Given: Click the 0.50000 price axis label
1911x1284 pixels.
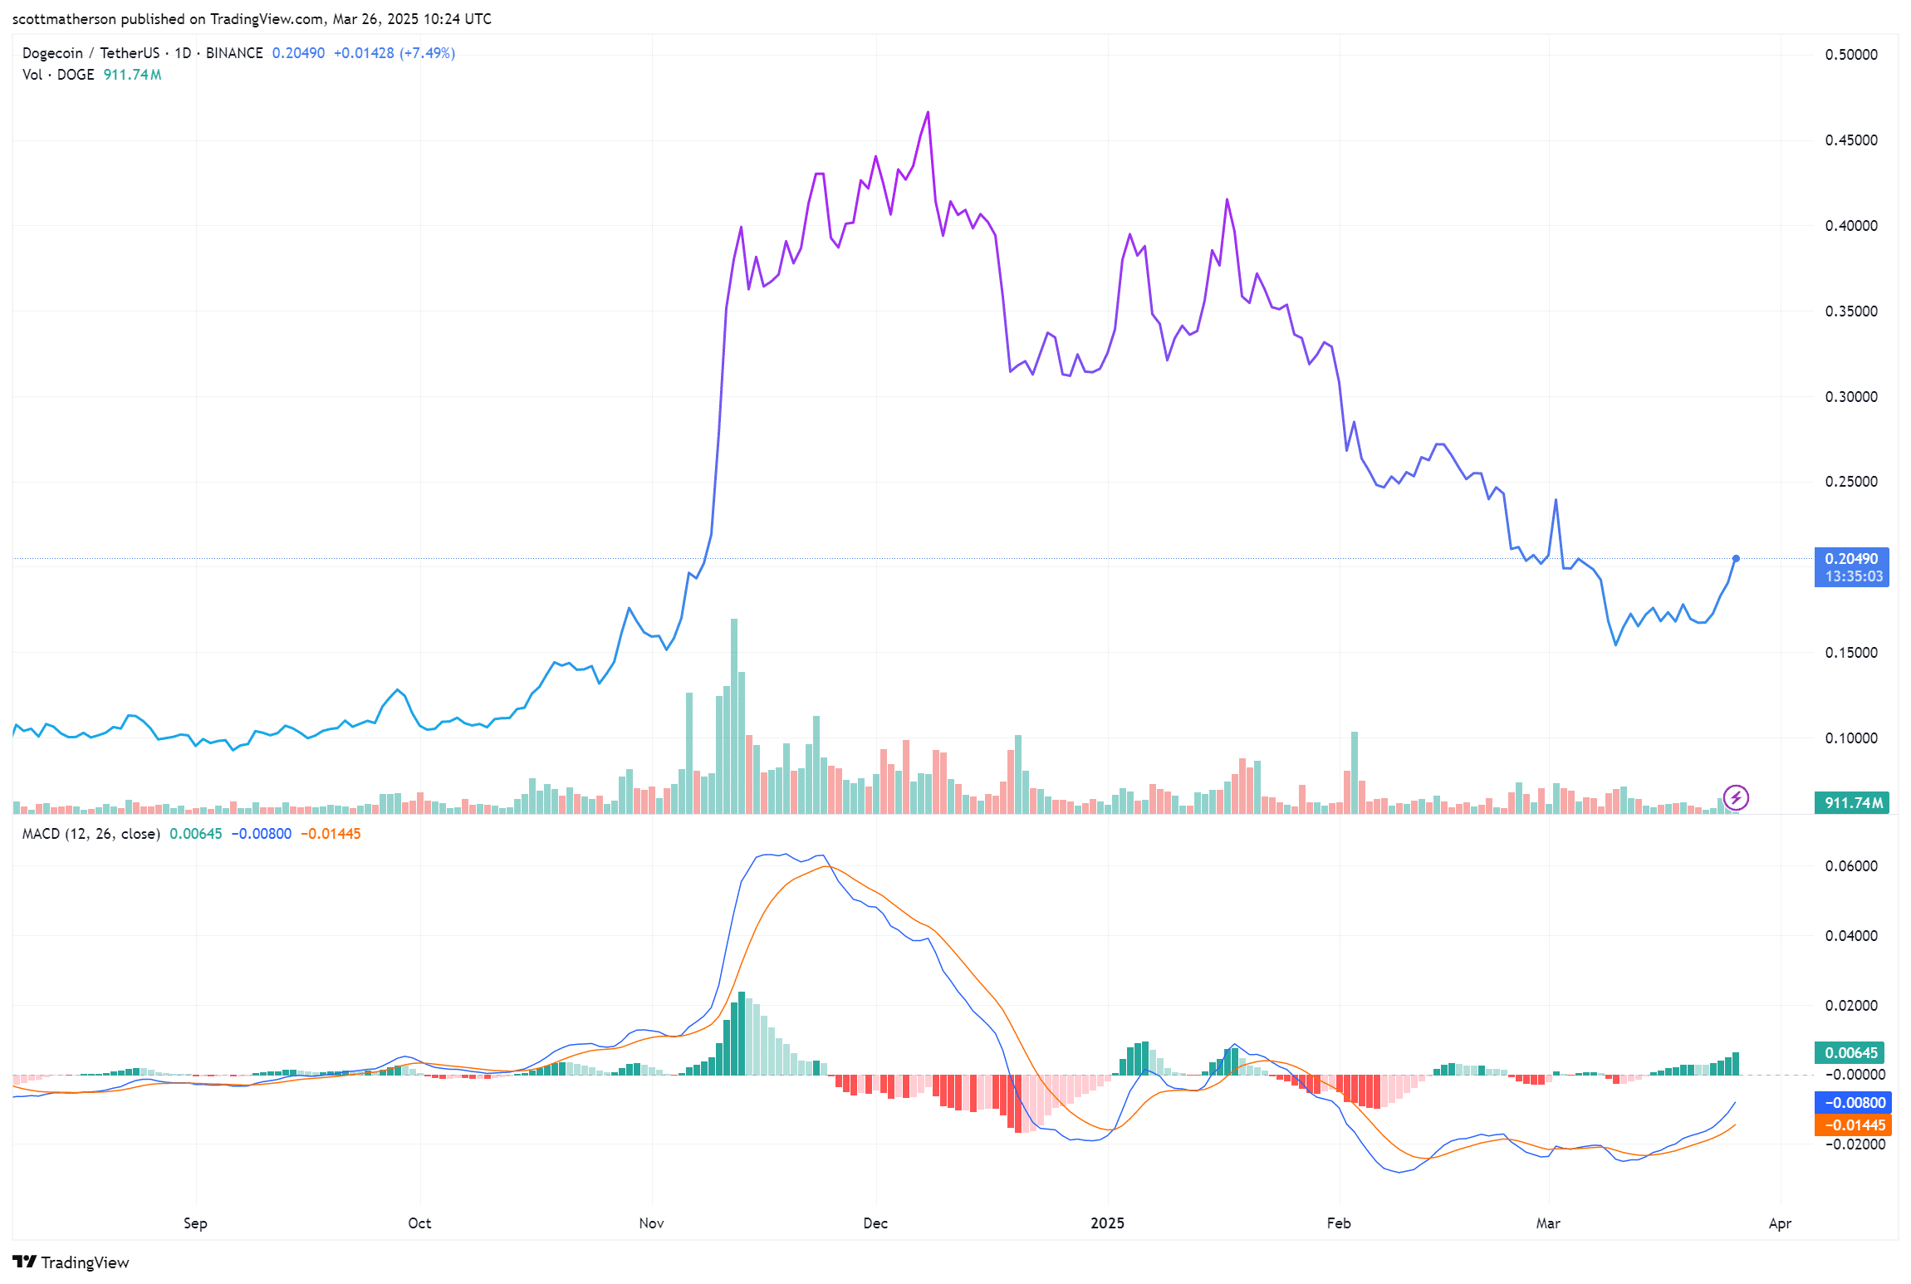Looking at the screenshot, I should [x=1850, y=55].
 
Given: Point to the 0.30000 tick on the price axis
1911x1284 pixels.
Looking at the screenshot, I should [x=1850, y=397].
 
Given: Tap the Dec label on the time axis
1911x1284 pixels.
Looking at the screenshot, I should [x=875, y=1223].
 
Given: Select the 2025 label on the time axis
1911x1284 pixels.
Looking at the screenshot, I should [x=1107, y=1223].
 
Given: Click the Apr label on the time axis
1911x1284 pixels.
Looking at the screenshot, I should [x=1780, y=1223].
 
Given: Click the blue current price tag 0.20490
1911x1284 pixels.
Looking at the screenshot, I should [x=1851, y=560].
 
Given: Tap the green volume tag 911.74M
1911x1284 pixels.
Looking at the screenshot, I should [x=1851, y=802].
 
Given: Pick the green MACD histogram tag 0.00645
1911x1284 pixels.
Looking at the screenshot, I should [x=1851, y=1053].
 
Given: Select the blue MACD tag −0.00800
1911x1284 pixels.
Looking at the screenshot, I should [x=1853, y=1103].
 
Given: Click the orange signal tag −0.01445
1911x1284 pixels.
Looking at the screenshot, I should [x=1853, y=1125].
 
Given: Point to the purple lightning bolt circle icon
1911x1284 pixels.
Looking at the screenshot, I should [x=1736, y=798].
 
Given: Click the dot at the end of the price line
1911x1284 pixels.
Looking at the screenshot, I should [x=1736, y=559].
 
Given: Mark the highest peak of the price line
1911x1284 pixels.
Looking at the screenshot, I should [x=928, y=112].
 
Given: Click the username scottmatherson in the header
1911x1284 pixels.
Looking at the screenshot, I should [x=64, y=19].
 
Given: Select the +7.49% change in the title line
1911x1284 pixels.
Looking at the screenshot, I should [x=428, y=53].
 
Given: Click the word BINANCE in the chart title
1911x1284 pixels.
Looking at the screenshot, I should [x=234, y=53].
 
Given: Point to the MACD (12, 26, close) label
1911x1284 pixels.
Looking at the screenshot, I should [x=91, y=834].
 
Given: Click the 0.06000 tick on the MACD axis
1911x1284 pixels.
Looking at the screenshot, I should [x=1850, y=866].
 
